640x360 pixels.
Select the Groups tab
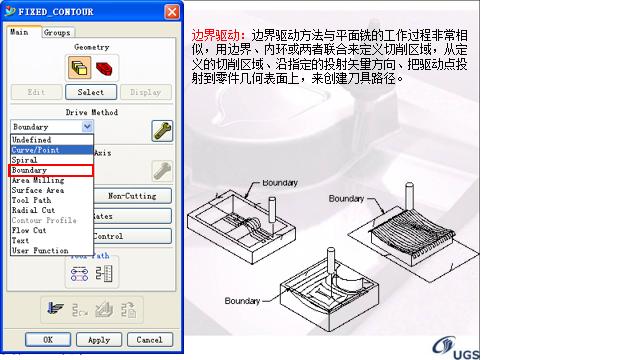(x=56, y=32)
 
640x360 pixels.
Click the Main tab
(x=20, y=32)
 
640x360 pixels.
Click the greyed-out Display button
(x=145, y=92)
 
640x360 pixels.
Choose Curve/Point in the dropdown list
(x=36, y=150)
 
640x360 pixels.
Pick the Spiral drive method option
(x=25, y=160)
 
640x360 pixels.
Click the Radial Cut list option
(x=34, y=210)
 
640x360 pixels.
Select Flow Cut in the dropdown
(x=29, y=230)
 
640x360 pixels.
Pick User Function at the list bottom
(x=40, y=250)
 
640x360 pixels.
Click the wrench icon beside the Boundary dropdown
(x=161, y=129)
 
